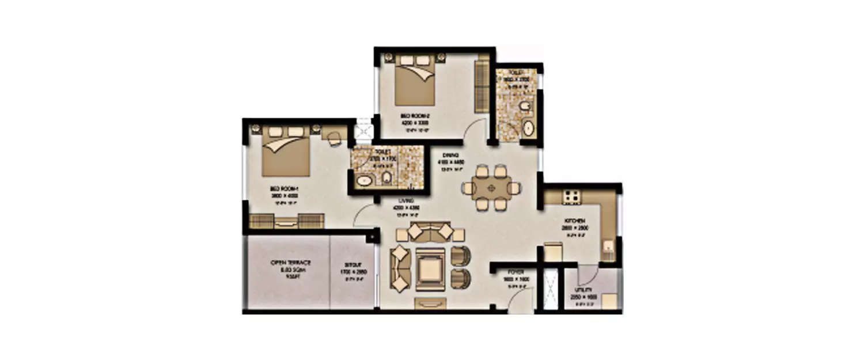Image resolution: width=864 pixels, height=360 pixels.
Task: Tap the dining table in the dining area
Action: click(491, 188)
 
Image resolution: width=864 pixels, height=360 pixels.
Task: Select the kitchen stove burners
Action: click(571, 197)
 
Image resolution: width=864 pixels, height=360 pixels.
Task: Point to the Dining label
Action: click(450, 156)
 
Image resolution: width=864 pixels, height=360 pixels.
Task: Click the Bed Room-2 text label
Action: click(414, 117)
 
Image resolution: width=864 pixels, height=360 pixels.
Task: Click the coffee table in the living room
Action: click(430, 268)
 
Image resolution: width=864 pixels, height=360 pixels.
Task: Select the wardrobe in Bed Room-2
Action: click(481, 86)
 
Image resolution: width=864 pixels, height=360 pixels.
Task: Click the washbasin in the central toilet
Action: click(363, 181)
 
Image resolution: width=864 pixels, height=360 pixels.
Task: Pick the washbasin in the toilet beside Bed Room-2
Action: click(528, 128)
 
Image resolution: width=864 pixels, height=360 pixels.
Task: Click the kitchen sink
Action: click(607, 249)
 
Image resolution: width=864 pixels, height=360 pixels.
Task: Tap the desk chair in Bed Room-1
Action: click(334, 138)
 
